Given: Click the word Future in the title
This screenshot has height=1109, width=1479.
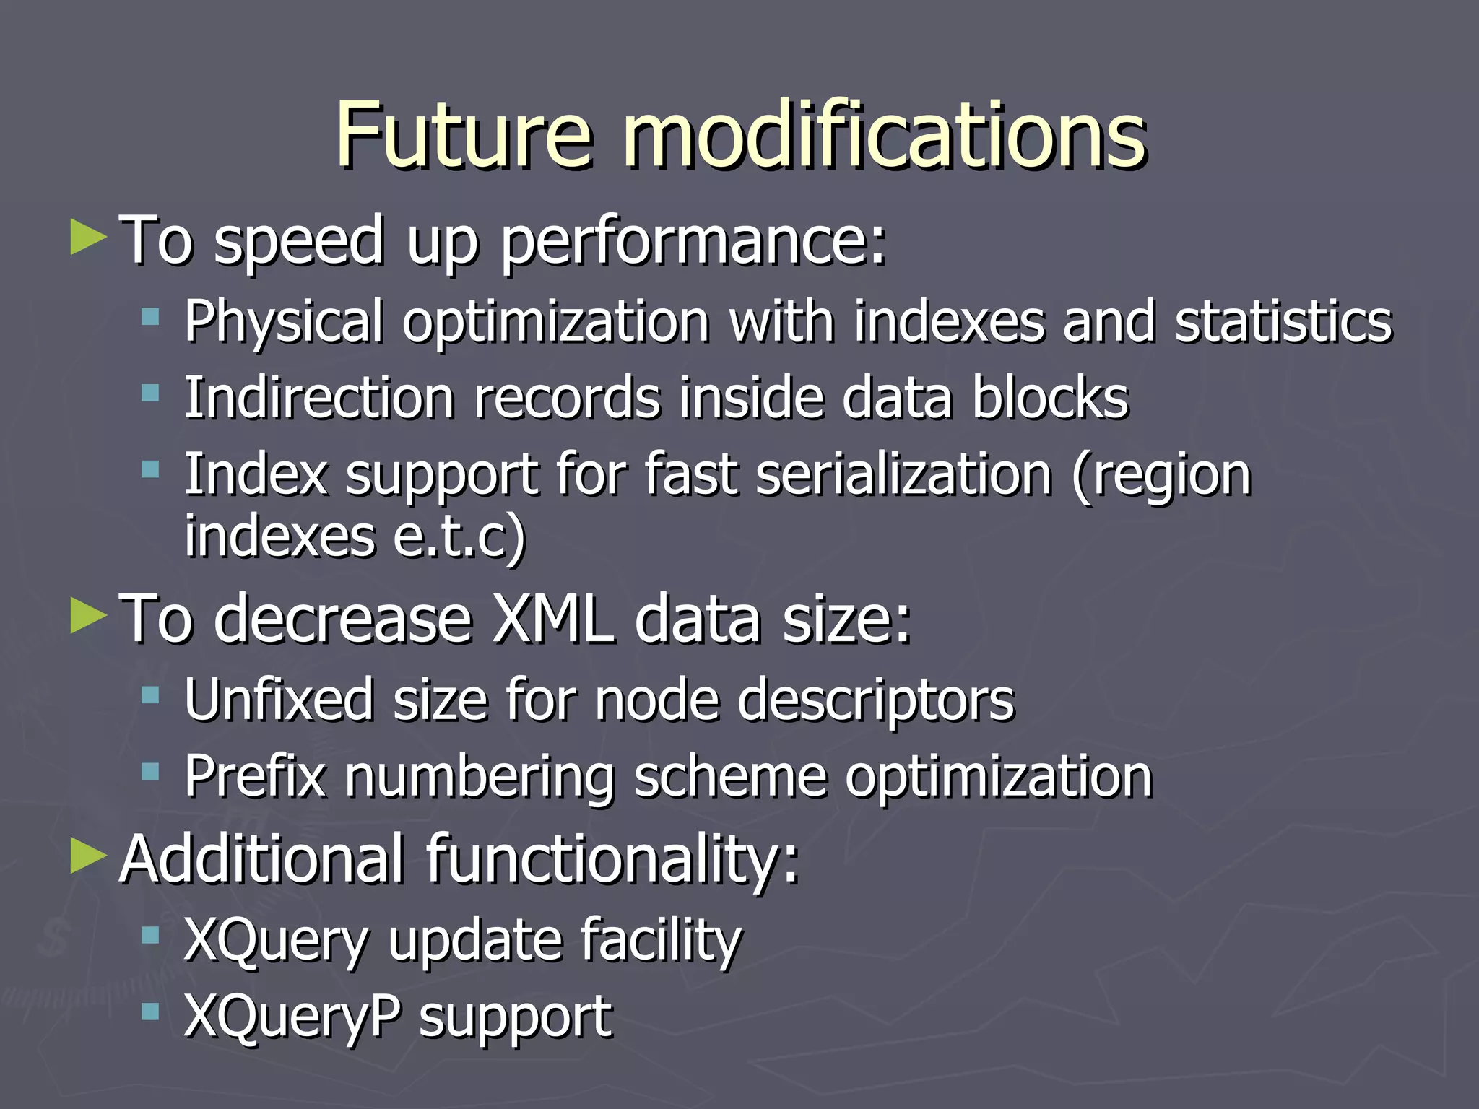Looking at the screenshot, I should pos(463,135).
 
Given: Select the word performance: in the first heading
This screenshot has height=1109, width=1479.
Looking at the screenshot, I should pos(693,242).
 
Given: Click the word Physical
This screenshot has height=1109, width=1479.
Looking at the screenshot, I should pos(284,321).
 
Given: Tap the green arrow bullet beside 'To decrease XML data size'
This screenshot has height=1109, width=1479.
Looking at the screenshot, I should pos(88,617).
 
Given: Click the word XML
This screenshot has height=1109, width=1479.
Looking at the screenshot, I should pos(553,619).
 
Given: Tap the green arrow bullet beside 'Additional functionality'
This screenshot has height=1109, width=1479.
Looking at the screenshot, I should pos(88,856).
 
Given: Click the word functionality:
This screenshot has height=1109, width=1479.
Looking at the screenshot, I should pos(613,859).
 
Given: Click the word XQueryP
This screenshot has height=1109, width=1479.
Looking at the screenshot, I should pos(292,1017).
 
